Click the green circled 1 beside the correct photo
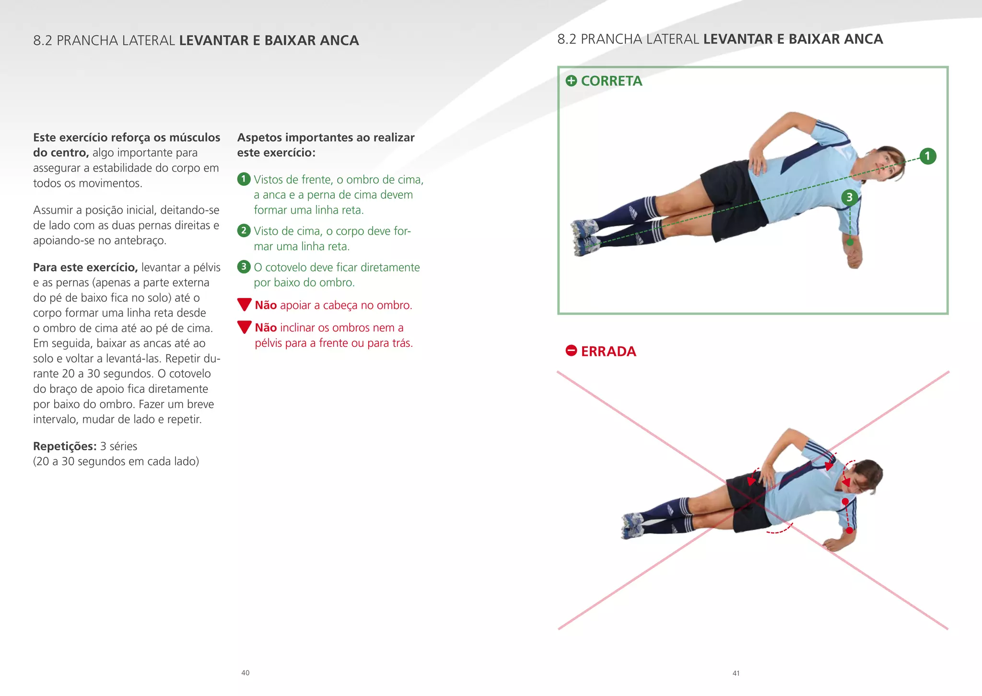click(x=927, y=156)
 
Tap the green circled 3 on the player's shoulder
click(x=849, y=197)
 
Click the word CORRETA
click(x=611, y=81)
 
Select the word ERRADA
click(x=608, y=351)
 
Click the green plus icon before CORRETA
click(x=571, y=80)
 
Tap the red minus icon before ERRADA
click(x=571, y=351)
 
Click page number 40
click(x=245, y=673)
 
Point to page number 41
click(x=736, y=673)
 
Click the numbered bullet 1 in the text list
click(x=244, y=179)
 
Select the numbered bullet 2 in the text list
click(x=244, y=230)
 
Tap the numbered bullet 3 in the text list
click(x=244, y=267)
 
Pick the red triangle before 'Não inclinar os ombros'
click(x=244, y=327)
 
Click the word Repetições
click(x=65, y=446)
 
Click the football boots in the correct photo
click(x=585, y=237)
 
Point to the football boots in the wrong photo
click(x=632, y=525)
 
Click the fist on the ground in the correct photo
click(x=854, y=259)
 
